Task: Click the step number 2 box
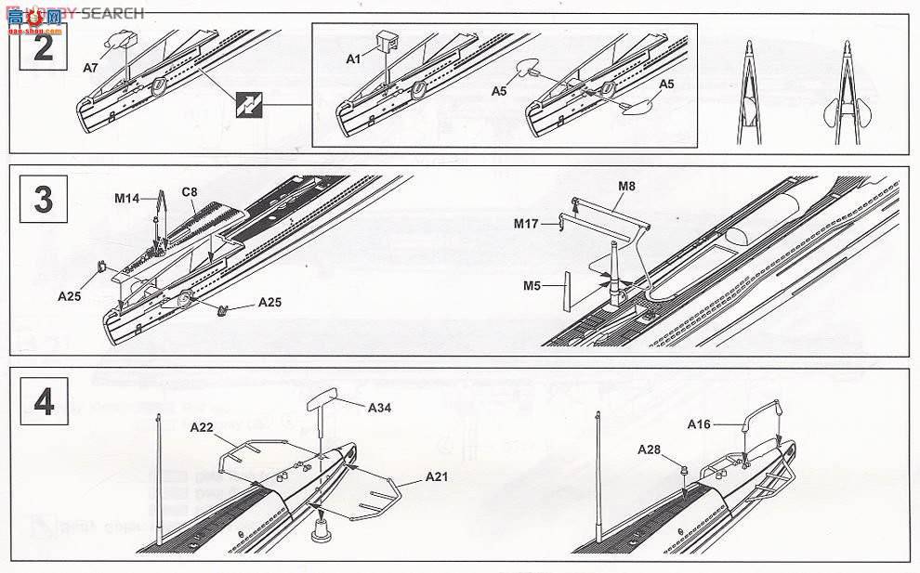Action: [x=44, y=46]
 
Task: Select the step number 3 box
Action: [x=44, y=200]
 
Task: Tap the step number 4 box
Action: [x=44, y=402]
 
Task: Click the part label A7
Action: [x=90, y=68]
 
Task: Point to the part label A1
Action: [x=353, y=59]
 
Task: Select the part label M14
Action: [x=126, y=198]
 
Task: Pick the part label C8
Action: [x=190, y=192]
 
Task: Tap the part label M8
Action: [x=627, y=187]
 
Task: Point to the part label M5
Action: [x=532, y=286]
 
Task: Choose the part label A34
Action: [x=380, y=407]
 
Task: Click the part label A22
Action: [x=203, y=427]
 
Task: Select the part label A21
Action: [x=438, y=476]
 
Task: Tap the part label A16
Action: [x=700, y=424]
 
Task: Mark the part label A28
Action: [x=649, y=449]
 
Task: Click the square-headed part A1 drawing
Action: [x=387, y=39]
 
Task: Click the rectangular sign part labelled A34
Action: [x=322, y=398]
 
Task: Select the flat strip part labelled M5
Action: [x=566, y=292]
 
